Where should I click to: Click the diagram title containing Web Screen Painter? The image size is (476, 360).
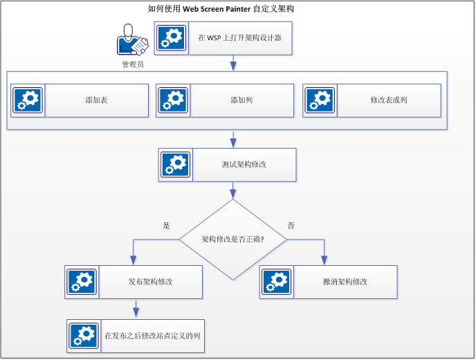tap(226, 9)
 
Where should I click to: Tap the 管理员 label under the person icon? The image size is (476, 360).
tap(132, 64)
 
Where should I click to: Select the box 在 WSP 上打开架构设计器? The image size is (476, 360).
tap(239, 38)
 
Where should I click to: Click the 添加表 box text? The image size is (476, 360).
tap(96, 100)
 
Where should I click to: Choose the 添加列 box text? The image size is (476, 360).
tap(241, 100)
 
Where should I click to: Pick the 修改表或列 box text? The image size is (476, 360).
tap(388, 100)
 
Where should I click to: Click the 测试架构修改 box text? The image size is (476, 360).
tap(244, 165)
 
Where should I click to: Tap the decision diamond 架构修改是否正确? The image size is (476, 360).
tap(232, 240)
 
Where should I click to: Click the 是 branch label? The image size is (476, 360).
tap(166, 226)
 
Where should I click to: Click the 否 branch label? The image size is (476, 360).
tap(291, 226)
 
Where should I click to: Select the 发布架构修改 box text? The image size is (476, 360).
tap(150, 282)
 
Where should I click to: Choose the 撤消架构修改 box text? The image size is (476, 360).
tap(345, 282)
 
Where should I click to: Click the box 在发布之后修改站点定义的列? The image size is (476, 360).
tap(152, 335)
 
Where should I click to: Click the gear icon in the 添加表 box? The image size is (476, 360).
tap(28, 101)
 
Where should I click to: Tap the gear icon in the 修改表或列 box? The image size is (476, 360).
tap(320, 101)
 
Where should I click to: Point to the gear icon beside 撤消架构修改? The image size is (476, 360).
tap(277, 282)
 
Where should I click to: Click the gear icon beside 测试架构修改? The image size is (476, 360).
tap(176, 165)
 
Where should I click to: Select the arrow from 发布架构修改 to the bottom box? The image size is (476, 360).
tap(136, 308)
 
